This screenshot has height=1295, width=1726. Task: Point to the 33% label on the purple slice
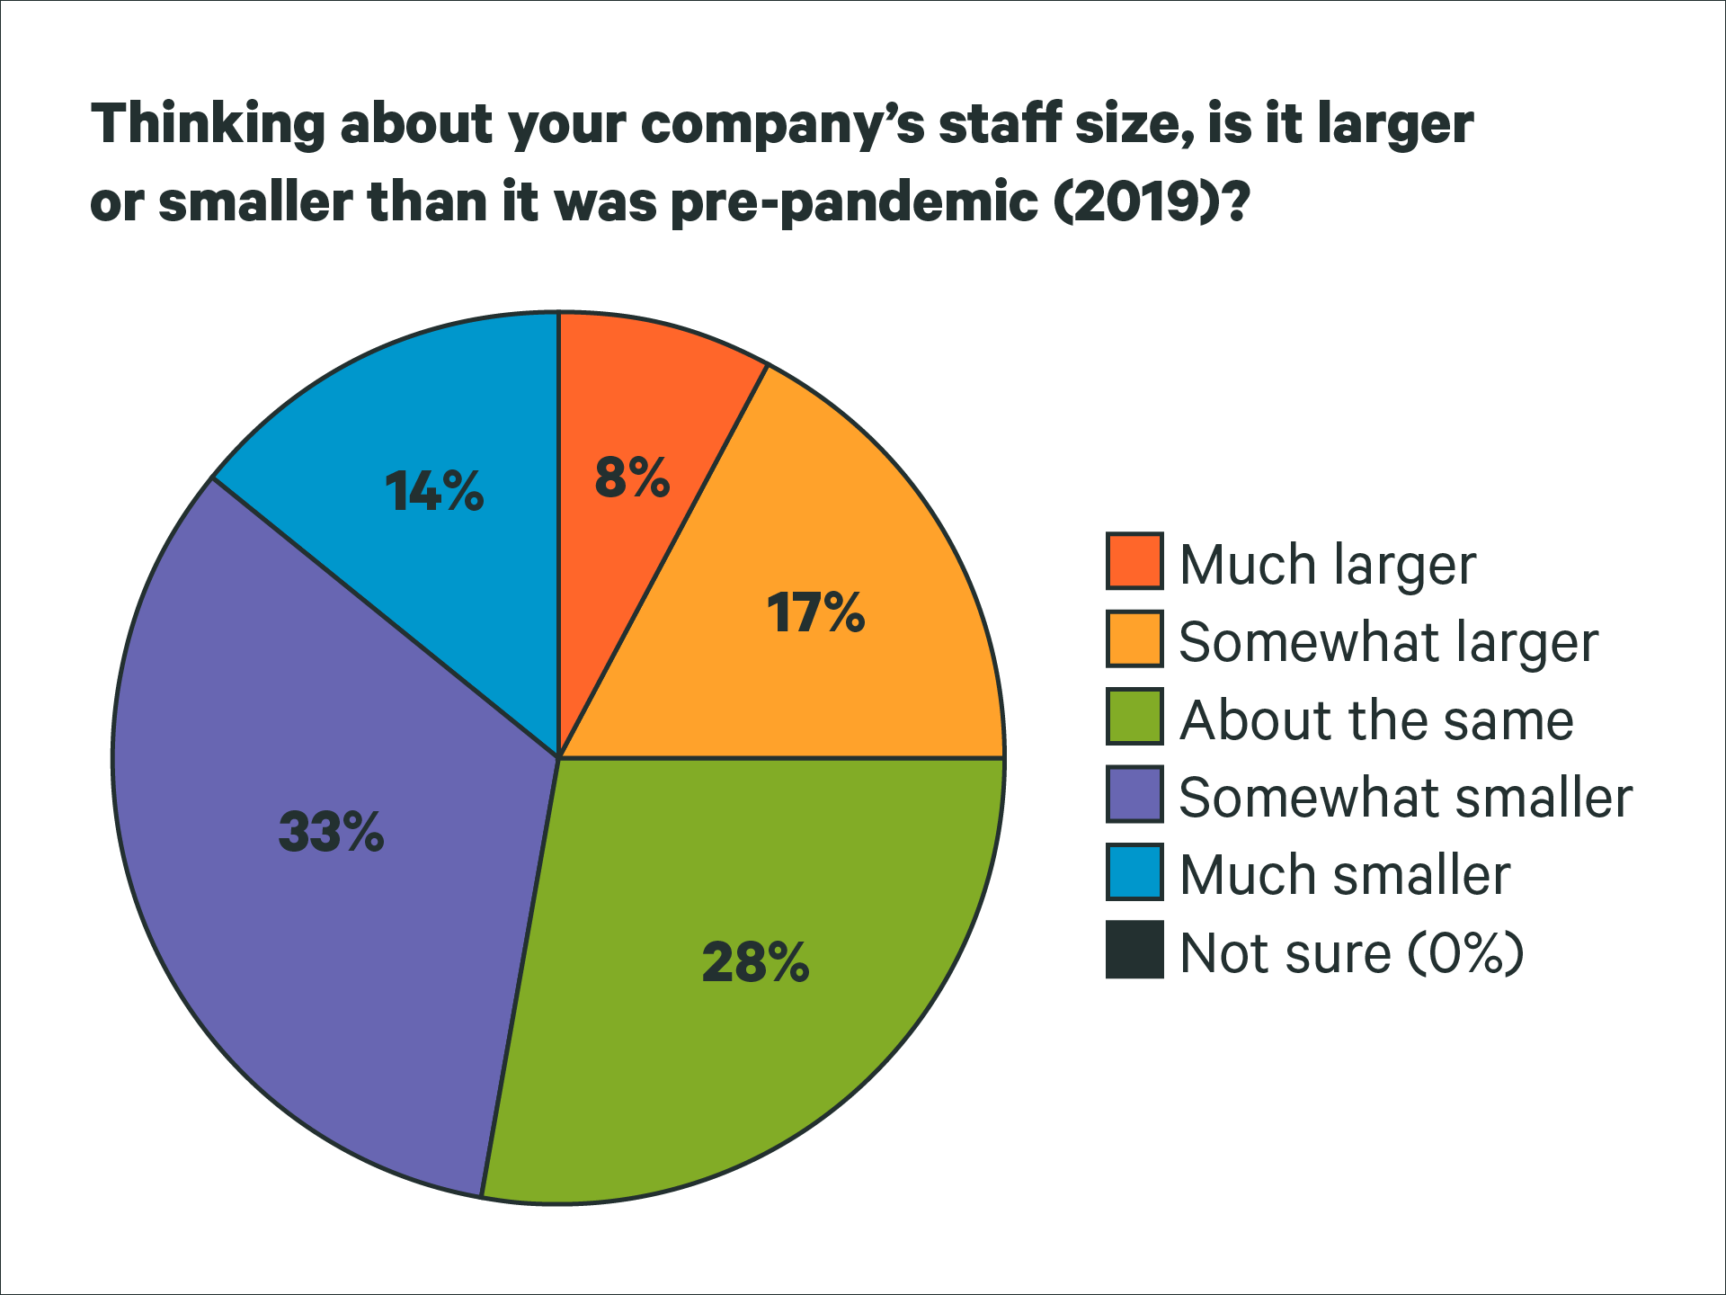[331, 831]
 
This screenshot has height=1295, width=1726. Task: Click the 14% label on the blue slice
[434, 491]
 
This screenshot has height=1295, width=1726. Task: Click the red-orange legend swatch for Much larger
[1134, 561]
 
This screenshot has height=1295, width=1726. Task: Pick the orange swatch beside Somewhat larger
[1134, 639]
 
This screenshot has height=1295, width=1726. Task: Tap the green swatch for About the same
[1134, 717]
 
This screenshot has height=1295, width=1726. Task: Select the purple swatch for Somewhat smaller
[1134, 794]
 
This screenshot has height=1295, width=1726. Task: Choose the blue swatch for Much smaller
[1134, 871]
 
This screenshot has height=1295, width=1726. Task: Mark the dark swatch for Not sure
[1134, 950]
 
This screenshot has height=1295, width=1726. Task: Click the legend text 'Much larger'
[1327, 565]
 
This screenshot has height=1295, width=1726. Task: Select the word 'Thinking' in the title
[208, 124]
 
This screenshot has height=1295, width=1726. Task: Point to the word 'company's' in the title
[782, 126]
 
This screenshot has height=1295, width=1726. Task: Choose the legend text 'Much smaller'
[1344, 875]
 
